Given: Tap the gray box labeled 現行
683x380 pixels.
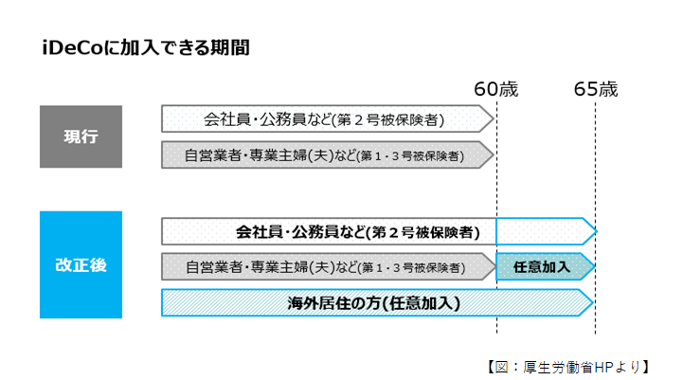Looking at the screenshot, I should pyautogui.click(x=81, y=136).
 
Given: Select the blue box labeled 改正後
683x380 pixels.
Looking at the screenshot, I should pyautogui.click(x=81, y=264).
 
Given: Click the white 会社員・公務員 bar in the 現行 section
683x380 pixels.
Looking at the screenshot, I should pyautogui.click(x=327, y=119).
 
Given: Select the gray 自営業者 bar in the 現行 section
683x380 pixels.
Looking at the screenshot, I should pyautogui.click(x=327, y=154).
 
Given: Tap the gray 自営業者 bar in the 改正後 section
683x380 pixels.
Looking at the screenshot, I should pyautogui.click(x=328, y=267).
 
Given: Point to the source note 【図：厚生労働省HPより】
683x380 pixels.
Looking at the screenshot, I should pyautogui.click(x=565, y=365).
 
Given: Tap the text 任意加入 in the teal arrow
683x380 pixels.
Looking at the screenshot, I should pyautogui.click(x=541, y=267).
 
